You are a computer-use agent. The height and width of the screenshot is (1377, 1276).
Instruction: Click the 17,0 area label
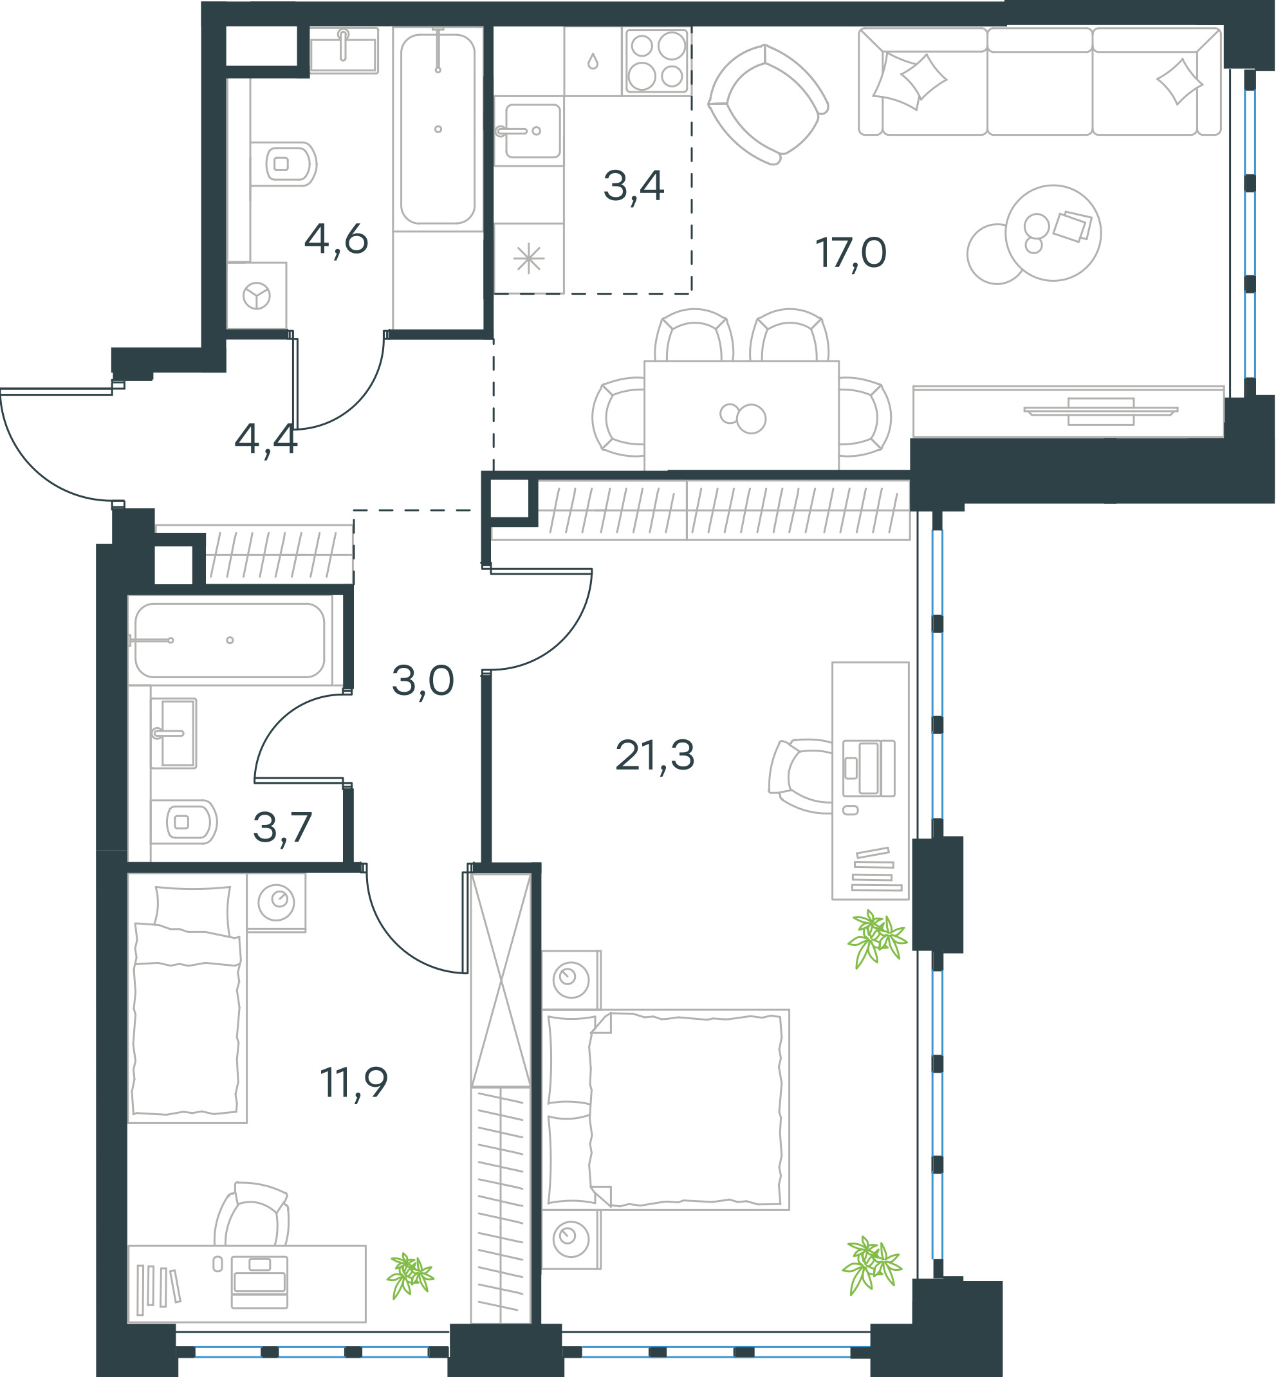coord(851,254)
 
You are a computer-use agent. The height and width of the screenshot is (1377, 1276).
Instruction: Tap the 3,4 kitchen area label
coord(633,187)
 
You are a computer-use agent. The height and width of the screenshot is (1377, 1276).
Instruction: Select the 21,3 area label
coord(654,755)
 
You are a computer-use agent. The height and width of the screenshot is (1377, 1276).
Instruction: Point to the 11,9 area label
coord(353,1083)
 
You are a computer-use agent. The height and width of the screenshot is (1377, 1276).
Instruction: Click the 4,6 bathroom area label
coord(337,240)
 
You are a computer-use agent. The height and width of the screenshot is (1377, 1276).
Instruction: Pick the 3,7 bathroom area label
coord(282,828)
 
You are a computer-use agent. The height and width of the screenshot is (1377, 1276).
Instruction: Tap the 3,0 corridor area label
coord(423,681)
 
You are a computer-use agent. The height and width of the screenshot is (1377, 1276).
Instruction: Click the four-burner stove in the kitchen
coord(656,60)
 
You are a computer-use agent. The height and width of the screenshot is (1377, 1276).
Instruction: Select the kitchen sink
coord(528,131)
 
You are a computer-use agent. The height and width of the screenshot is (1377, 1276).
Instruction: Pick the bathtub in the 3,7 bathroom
coord(230,640)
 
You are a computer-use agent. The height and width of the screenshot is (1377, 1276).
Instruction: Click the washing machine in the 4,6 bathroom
coord(257,296)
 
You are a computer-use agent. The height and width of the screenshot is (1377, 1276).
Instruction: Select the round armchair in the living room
coord(768,104)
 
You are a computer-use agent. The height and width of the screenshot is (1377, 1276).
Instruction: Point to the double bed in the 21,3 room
coord(665,1109)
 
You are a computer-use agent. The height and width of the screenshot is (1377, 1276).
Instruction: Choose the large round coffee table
coord(1053,233)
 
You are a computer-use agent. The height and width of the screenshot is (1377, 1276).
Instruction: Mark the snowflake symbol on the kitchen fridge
coord(529,259)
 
